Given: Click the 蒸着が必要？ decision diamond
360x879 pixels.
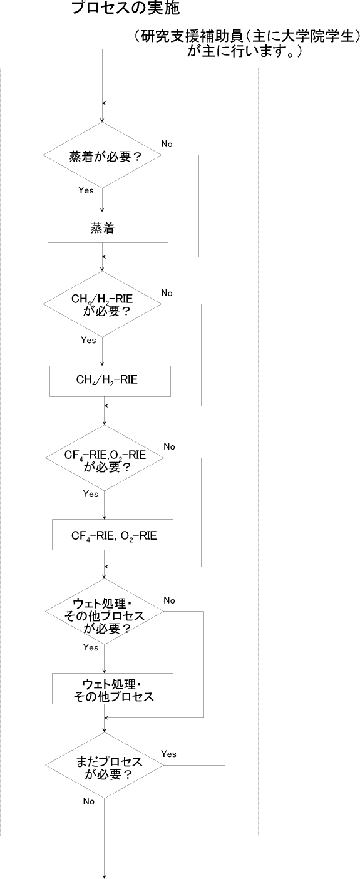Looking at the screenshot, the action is (x=102, y=155).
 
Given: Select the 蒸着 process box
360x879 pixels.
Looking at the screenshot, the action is (x=108, y=227).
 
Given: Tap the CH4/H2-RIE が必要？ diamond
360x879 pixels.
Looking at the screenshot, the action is (x=102, y=304).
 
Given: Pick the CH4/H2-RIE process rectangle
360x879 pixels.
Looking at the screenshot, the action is (x=110, y=381).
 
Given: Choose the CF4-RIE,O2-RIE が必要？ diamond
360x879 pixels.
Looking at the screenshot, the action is (x=105, y=458).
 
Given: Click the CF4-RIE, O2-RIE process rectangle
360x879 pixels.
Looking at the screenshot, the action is (x=113, y=535).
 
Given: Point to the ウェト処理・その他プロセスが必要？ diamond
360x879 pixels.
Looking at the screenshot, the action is (x=105, y=612).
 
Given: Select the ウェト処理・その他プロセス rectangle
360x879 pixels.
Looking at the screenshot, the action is (x=113, y=689).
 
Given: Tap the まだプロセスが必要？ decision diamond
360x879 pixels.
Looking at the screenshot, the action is (x=105, y=765).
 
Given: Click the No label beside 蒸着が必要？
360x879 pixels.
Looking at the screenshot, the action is (x=167, y=144).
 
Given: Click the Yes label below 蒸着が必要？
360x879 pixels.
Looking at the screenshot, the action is (x=86, y=190).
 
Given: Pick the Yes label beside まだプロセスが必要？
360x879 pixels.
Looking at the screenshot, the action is (x=169, y=754).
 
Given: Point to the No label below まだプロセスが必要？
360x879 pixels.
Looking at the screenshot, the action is (x=89, y=801).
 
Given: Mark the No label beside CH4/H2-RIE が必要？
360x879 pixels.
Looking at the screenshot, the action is (x=167, y=293).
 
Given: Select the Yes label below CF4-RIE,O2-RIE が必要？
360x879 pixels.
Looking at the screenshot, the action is (x=91, y=493).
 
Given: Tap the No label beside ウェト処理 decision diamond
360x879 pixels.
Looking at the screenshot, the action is (x=169, y=600).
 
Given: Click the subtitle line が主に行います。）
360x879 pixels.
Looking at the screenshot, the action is (x=244, y=51).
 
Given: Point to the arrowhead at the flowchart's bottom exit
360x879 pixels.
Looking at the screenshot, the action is (x=105, y=876).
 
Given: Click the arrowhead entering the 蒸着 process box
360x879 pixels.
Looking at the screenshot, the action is (x=102, y=210).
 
